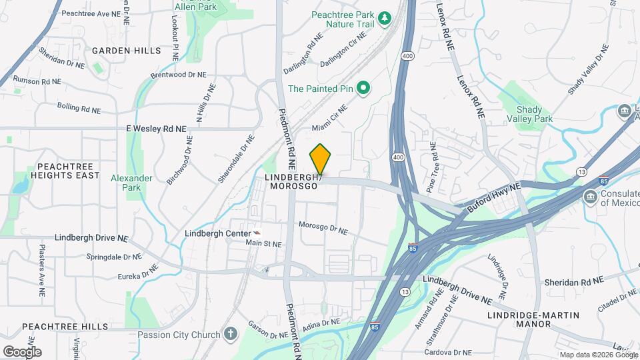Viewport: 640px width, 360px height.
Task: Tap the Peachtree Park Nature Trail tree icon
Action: coord(384,18)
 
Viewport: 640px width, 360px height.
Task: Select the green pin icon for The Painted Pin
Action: coord(363,88)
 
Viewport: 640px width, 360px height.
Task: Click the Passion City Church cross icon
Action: coord(231,333)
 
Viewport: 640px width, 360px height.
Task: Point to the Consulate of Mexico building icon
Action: coord(589,197)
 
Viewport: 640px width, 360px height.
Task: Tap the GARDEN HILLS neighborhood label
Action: coord(127,51)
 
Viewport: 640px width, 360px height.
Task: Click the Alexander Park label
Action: coord(131,183)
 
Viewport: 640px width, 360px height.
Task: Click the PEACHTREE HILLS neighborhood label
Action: coord(65,327)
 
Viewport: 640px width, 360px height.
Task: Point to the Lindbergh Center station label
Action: coord(217,234)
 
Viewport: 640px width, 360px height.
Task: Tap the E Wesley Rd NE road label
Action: coord(155,128)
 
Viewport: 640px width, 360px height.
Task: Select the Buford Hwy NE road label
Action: coord(493,199)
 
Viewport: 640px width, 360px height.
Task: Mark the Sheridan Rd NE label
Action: coord(574,281)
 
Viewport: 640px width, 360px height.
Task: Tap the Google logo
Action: coord(22,351)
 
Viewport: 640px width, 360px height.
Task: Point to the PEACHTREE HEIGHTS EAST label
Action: coord(59,171)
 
